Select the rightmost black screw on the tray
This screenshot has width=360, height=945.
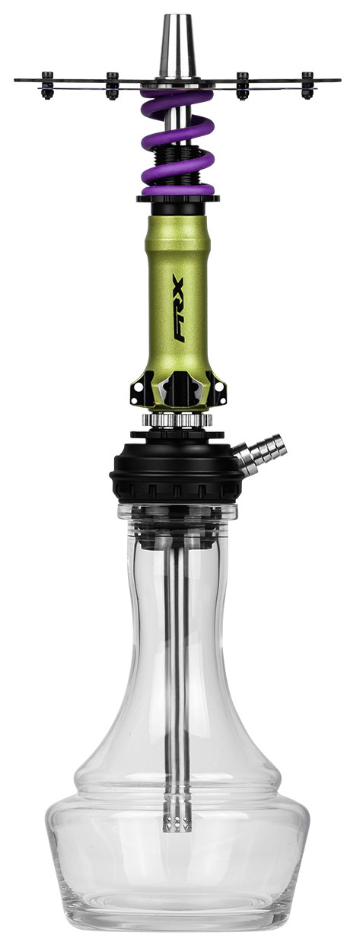pyautogui.click(x=307, y=85)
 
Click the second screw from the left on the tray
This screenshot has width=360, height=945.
pyautogui.click(x=112, y=86)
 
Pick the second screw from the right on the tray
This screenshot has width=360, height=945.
pyautogui.click(x=242, y=86)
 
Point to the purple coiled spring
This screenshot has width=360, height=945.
pyautogui.click(x=177, y=144)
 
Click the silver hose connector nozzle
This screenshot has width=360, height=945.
pyautogui.click(x=260, y=453)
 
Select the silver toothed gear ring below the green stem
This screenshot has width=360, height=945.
pyautogui.click(x=177, y=419)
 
